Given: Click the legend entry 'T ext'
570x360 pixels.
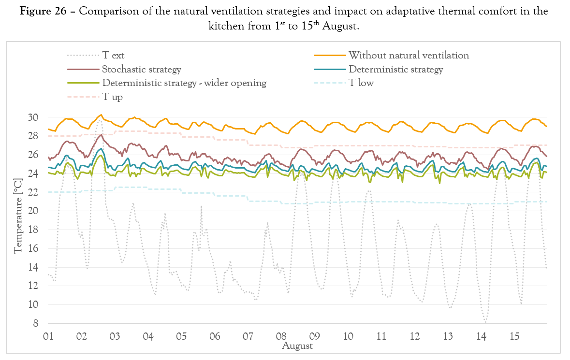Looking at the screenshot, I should pos(114,55).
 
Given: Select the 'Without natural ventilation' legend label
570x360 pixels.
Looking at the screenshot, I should pos(409,55).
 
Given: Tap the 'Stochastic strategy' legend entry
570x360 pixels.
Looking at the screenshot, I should pos(141,69).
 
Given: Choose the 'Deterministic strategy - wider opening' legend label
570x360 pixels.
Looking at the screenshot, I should pos(184,83).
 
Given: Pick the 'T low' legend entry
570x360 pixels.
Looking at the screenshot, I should pos(361,83).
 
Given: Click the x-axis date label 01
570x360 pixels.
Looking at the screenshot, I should pos(48,336).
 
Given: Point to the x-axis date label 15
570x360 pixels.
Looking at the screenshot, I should pos(515,336).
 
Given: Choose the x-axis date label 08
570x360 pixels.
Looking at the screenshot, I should pos(281,336).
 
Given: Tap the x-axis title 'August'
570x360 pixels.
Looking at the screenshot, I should pos(297,346).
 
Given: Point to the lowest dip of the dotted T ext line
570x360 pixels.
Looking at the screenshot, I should pos(485,322).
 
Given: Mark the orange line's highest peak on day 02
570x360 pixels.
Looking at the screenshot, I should pos(101,115).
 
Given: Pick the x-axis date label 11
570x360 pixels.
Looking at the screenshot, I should pos(381,336).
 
